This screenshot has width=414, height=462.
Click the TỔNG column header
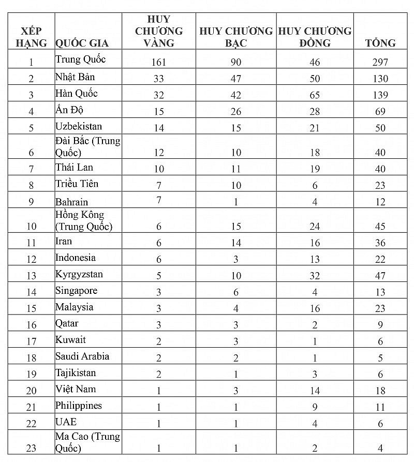click(380, 43)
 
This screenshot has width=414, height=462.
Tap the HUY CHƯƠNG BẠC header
click(236, 37)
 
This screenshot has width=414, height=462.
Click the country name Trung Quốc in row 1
click(80, 59)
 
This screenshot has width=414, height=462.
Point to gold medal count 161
click(158, 63)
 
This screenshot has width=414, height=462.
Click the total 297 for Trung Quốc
click(380, 63)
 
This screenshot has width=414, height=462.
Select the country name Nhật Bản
click(75, 77)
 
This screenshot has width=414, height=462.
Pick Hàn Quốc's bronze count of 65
click(314, 95)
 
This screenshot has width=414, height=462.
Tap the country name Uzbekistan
click(79, 126)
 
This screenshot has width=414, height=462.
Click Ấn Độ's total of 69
click(380, 112)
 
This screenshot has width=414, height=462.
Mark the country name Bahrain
click(72, 202)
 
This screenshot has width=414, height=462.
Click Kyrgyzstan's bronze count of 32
click(314, 276)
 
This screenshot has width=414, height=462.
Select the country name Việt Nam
click(76, 389)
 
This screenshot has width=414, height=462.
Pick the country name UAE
click(66, 422)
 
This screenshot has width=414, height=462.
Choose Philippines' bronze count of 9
click(314, 407)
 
